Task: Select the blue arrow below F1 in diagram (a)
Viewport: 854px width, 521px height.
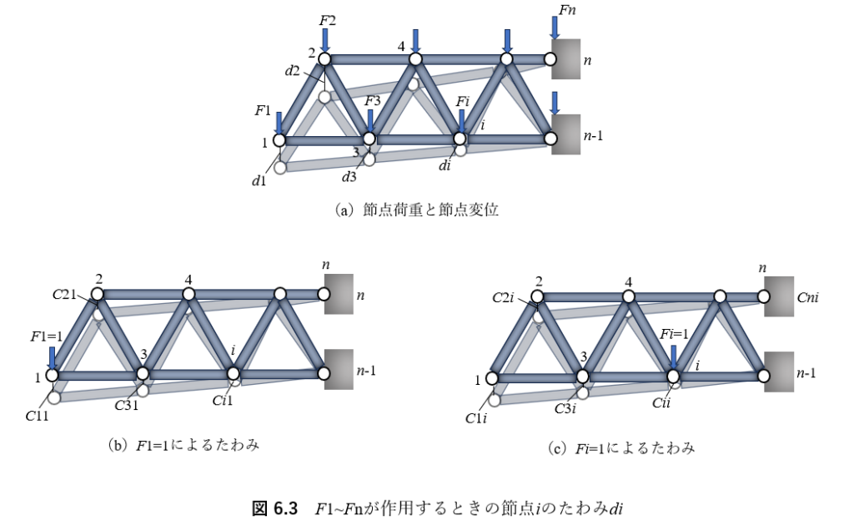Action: (x=279, y=121)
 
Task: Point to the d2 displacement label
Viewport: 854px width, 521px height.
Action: (x=293, y=71)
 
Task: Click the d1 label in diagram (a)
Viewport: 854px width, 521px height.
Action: (x=259, y=180)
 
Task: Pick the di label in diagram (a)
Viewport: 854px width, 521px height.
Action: (x=445, y=166)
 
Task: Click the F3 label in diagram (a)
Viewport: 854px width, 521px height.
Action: (x=373, y=102)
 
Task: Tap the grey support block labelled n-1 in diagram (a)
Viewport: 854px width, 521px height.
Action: (x=565, y=134)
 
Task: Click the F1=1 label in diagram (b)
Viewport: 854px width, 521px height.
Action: (x=48, y=336)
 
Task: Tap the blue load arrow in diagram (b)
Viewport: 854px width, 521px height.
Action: (x=53, y=357)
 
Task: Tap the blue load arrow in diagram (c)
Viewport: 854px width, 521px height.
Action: (x=674, y=357)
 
